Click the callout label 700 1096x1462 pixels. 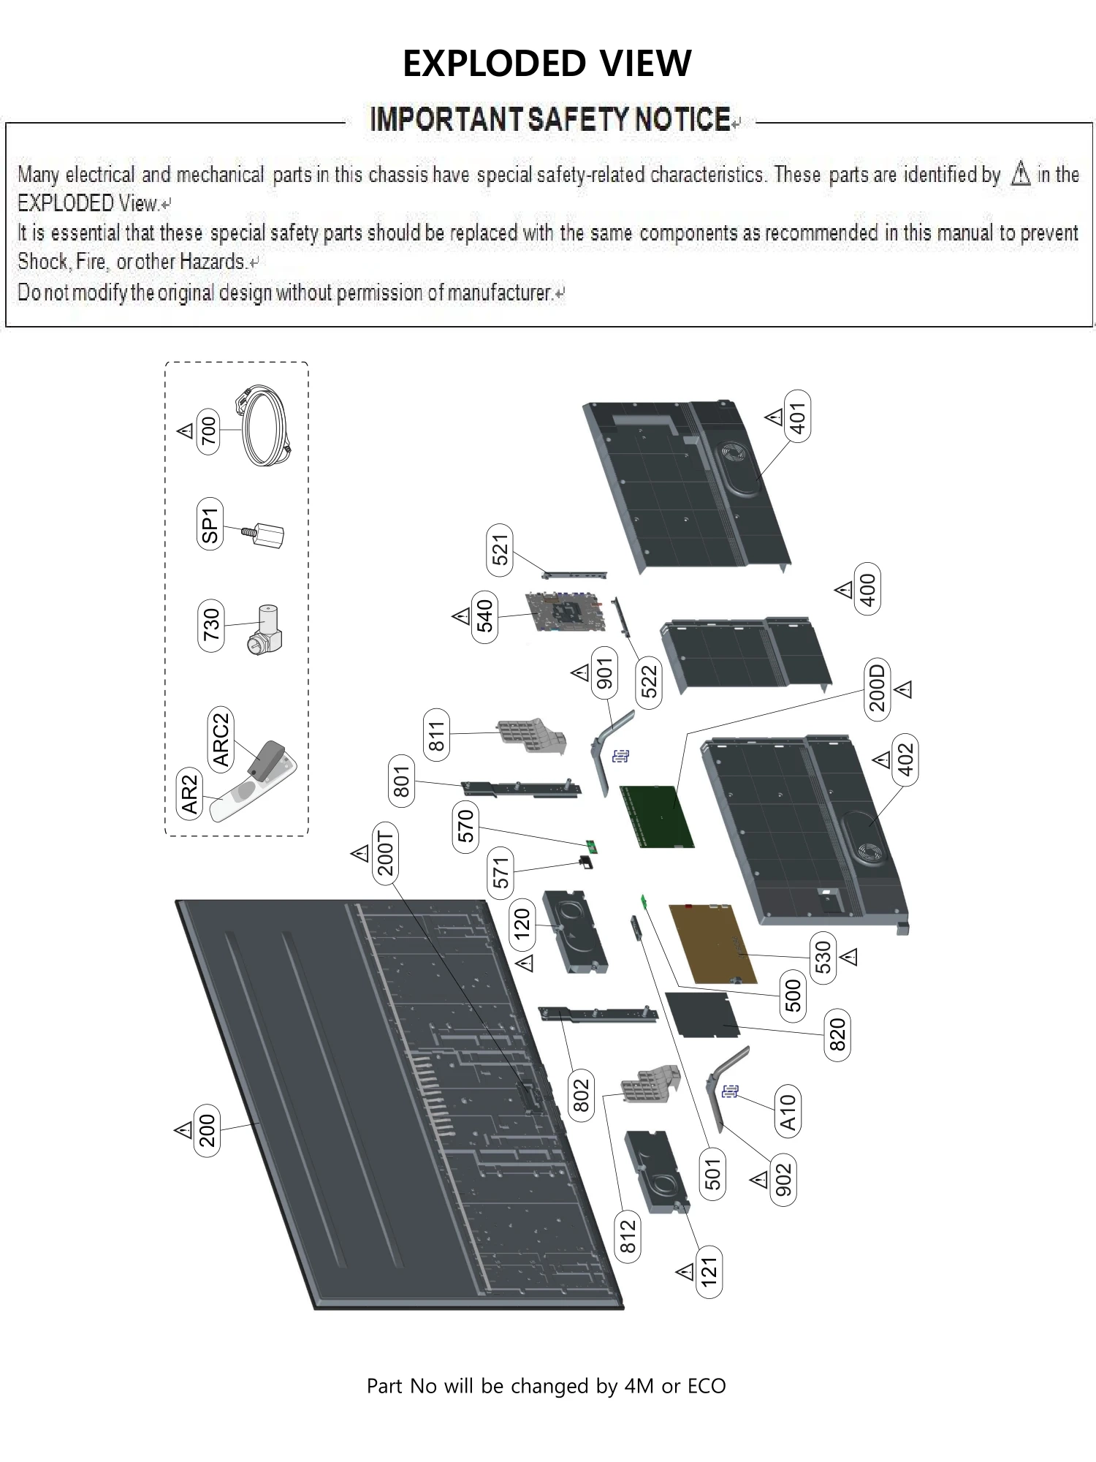tap(209, 431)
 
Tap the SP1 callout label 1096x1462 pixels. tap(210, 525)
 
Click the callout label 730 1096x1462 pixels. tap(211, 625)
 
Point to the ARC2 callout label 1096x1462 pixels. tap(220, 740)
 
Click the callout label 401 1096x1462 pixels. tap(797, 417)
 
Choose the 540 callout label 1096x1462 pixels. tap(485, 617)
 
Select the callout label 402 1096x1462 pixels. tap(905, 760)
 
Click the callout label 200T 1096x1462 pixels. tap(385, 852)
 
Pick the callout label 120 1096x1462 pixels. tap(522, 924)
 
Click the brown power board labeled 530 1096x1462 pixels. tap(713, 944)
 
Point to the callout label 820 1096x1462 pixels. tap(837, 1034)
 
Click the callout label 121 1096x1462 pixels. tap(709, 1273)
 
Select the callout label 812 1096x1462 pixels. tap(628, 1236)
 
